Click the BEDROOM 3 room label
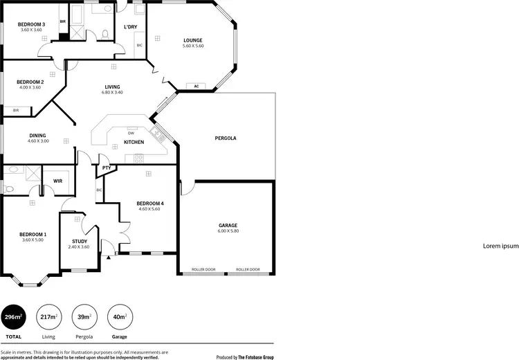[31, 24]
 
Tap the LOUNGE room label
[193, 40]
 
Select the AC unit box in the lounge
[197, 86]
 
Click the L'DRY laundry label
[131, 27]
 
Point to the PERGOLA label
[226, 138]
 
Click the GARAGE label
[228, 225]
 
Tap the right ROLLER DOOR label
[248, 269]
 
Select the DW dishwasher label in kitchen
[131, 132]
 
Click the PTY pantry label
[107, 168]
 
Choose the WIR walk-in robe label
[58, 181]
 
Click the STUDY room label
[79, 241]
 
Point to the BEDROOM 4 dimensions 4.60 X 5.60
[149, 209]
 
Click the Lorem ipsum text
[500, 246]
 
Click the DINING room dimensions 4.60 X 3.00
[39, 141]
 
